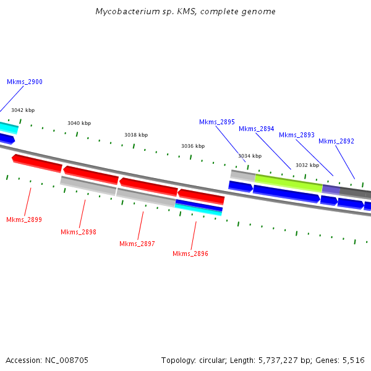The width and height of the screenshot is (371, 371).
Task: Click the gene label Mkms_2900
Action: click(25, 82)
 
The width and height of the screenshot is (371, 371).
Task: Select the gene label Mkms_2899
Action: click(24, 220)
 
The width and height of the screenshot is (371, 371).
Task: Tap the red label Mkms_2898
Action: click(79, 232)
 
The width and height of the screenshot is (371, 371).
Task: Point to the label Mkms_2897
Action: click(137, 244)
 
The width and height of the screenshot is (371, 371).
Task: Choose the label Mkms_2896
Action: click(190, 254)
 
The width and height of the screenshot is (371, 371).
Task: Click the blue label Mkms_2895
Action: click(217, 122)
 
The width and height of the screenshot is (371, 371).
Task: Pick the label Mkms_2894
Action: click(257, 129)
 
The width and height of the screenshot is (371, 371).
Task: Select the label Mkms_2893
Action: click(297, 135)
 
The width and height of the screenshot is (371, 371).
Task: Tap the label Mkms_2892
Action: click(336, 141)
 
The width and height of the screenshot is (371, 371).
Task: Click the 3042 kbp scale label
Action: click(23, 110)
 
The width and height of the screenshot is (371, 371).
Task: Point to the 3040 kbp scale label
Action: click(79, 123)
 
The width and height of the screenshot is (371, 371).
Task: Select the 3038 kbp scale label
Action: click(136, 135)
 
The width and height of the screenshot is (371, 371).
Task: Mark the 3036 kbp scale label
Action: click(193, 146)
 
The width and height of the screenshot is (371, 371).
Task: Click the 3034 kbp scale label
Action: click(250, 156)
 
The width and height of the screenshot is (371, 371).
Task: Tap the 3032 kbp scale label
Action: click(307, 165)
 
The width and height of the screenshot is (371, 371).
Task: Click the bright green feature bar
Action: click(289, 182)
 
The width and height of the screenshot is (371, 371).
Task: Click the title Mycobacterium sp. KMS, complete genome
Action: click(185, 12)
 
